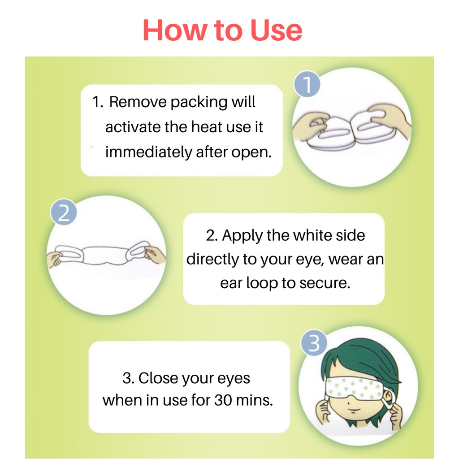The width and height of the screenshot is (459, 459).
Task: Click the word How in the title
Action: point(174,30)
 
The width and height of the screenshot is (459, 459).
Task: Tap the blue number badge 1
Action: point(307,84)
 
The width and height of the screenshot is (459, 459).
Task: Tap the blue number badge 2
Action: point(64,212)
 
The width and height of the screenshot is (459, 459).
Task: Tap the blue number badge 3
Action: point(314,342)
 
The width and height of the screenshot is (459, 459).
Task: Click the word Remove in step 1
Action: point(138,102)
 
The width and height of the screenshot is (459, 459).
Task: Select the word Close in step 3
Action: point(158,378)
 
